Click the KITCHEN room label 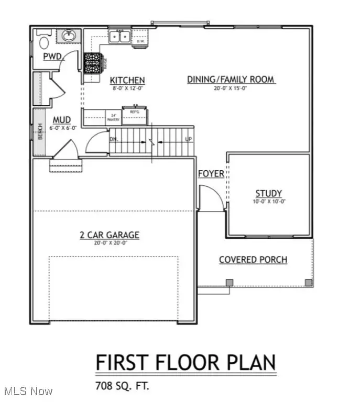[x=127, y=80]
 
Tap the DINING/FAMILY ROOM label [x=231, y=80]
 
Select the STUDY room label [x=269, y=193]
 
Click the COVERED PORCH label [x=253, y=260]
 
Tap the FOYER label [x=211, y=174]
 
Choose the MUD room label [x=59, y=120]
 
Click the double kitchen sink [x=121, y=37]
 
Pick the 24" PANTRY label [x=113, y=118]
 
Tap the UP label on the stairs [x=189, y=139]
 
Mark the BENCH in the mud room [x=39, y=131]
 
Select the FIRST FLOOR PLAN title [x=186, y=362]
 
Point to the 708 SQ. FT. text [x=122, y=387]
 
